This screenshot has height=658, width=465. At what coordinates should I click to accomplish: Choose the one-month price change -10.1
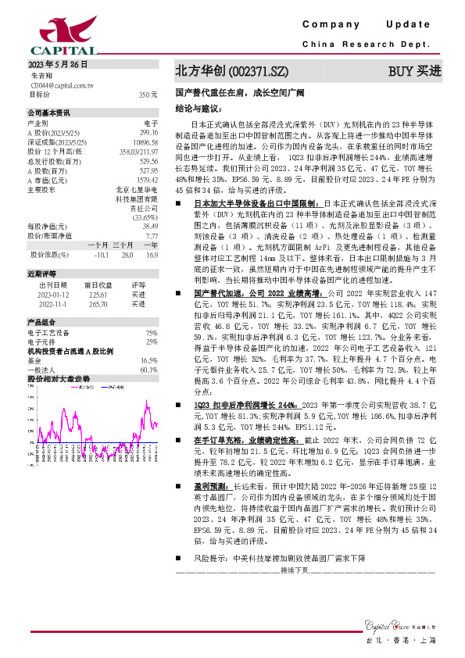(99, 256)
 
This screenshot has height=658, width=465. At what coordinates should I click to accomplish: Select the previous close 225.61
(97, 295)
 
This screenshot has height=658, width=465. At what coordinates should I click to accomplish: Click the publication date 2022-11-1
(52, 303)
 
